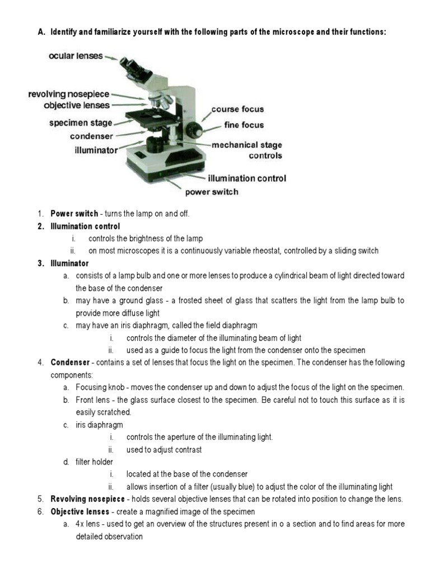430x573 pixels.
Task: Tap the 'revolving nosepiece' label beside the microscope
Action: click(x=69, y=94)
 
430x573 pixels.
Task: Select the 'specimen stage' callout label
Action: click(x=80, y=123)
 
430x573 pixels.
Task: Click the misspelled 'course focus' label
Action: click(x=237, y=109)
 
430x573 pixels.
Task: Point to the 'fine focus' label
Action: click(x=244, y=125)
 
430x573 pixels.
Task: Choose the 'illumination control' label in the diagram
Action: click(x=247, y=179)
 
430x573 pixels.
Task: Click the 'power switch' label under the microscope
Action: click(x=212, y=192)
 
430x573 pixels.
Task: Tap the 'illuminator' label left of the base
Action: click(x=96, y=150)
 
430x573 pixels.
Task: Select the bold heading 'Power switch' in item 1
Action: click(x=74, y=214)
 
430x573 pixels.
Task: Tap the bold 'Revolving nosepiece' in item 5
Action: click(x=87, y=499)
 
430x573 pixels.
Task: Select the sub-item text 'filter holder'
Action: click(x=95, y=462)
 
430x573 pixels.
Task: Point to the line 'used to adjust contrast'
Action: click(x=164, y=449)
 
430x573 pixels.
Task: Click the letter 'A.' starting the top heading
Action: click(x=41, y=32)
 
